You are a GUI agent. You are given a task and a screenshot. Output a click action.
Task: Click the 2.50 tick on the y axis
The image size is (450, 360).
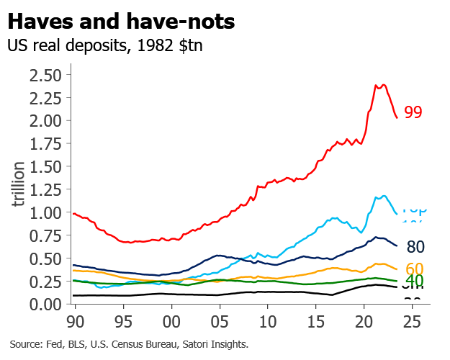[45, 76]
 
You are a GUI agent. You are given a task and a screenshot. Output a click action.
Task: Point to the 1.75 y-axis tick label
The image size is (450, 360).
[45, 144]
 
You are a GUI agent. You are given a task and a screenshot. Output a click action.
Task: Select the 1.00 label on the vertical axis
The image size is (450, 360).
[45, 213]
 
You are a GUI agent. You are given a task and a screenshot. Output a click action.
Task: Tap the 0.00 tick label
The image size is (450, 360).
[45, 305]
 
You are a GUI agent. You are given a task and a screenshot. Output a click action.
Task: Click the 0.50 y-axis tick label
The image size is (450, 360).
[45, 258]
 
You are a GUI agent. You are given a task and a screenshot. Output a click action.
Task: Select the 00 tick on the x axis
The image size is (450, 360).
[171, 320]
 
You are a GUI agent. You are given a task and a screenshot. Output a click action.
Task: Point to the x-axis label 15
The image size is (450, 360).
[315, 320]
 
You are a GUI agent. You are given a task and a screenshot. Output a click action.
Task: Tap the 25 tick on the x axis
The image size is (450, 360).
[412, 320]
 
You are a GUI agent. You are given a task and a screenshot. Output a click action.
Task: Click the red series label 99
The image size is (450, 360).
[413, 112]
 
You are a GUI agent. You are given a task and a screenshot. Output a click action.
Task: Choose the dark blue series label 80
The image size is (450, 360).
[415, 248]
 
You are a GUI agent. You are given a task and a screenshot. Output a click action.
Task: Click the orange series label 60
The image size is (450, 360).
[414, 269]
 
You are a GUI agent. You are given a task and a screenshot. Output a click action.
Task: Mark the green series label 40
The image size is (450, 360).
[414, 281]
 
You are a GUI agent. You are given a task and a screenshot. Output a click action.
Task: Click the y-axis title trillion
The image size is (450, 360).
[19, 184]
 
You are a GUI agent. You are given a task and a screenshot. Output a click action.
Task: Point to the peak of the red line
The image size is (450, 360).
[384, 84]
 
